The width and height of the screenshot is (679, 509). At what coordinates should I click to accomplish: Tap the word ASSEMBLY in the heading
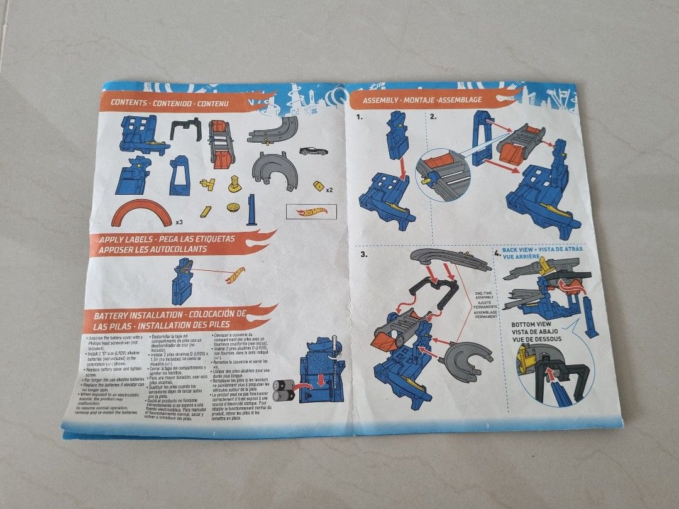[x=378, y=100]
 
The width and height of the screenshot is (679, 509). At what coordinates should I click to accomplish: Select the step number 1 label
[x=358, y=117]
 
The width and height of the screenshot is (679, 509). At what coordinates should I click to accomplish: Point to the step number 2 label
[x=433, y=116]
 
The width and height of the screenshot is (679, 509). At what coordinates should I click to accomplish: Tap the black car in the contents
[x=313, y=151]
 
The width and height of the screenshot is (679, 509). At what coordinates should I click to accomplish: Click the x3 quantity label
[x=179, y=222]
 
